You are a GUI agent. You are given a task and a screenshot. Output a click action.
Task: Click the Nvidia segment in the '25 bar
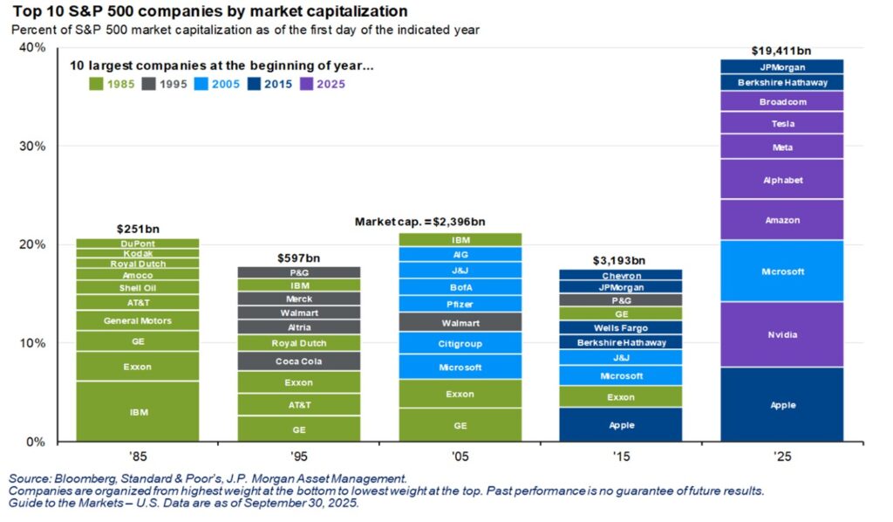[782, 334]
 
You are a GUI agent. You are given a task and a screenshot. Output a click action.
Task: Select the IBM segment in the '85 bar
[138, 411]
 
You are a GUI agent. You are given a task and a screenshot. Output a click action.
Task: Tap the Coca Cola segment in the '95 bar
[299, 361]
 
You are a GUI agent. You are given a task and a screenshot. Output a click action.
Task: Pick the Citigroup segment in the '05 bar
[460, 343]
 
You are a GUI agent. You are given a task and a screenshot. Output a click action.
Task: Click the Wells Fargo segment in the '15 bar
[621, 327]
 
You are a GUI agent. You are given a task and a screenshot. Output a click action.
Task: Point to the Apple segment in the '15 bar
[621, 425]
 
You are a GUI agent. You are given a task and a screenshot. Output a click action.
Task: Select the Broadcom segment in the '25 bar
[782, 101]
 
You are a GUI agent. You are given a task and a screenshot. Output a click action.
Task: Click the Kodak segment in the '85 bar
[138, 253]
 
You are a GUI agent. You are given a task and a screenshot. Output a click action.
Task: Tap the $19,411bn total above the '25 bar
[782, 50]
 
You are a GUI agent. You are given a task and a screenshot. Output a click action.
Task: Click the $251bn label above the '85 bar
[138, 229]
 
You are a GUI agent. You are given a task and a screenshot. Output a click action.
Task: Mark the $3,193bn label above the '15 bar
[621, 259]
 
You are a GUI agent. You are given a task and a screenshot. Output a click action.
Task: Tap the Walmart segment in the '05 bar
[460, 323]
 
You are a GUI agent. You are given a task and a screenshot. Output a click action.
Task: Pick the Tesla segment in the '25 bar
[782, 123]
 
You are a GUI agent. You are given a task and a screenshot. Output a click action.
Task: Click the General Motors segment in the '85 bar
[138, 320]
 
